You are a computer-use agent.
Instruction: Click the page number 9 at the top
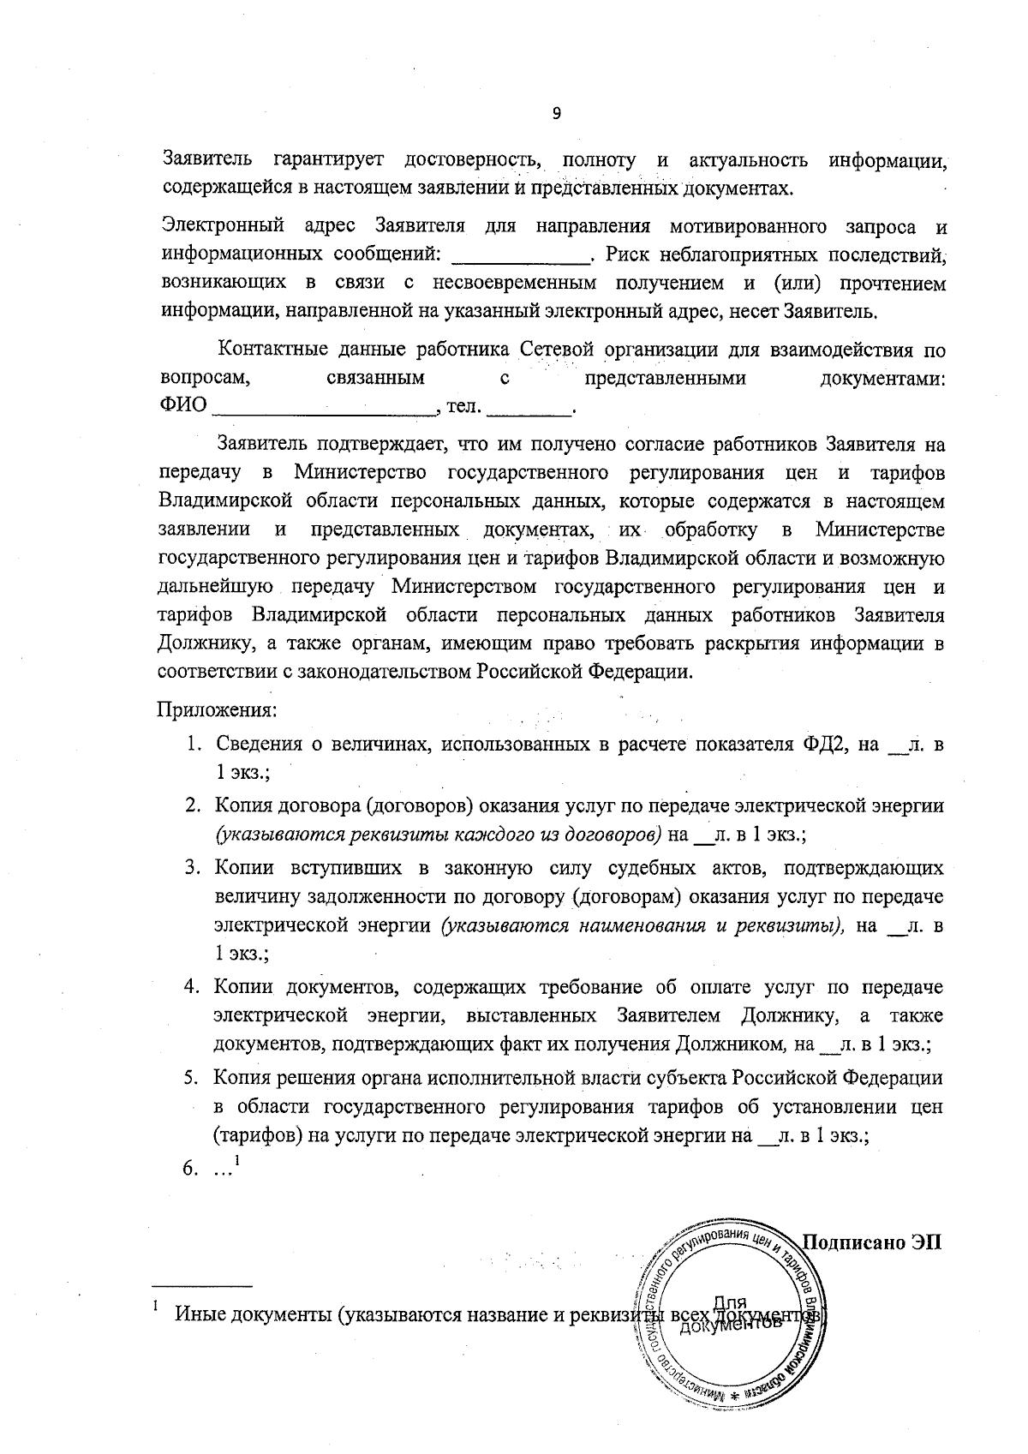(x=555, y=114)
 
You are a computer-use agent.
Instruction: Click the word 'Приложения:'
(x=216, y=710)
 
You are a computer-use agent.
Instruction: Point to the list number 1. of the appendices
(x=196, y=745)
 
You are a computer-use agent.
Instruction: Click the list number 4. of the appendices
(x=194, y=988)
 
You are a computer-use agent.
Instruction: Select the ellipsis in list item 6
(x=224, y=1168)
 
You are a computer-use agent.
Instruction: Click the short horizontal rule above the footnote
(x=202, y=1286)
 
